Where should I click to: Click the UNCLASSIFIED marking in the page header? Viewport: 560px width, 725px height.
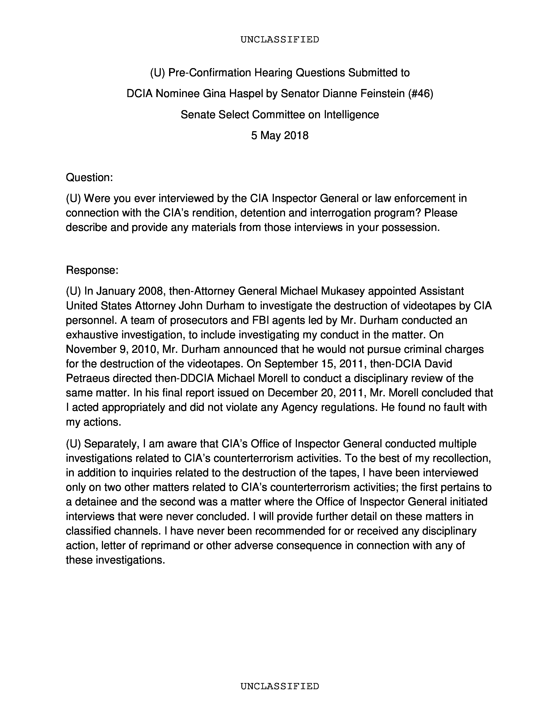(280, 40)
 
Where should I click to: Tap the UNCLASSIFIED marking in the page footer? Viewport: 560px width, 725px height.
(280, 686)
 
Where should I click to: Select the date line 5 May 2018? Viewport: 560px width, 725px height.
(280, 135)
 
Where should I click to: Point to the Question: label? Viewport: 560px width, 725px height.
(89, 177)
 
